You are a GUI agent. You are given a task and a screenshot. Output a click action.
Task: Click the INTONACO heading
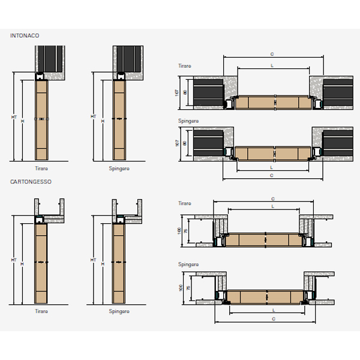(25, 36)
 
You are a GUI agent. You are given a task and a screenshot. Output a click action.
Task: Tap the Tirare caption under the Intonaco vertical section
(41, 169)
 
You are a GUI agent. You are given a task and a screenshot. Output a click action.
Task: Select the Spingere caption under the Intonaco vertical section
(119, 169)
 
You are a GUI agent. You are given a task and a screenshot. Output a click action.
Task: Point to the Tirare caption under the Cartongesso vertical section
(41, 311)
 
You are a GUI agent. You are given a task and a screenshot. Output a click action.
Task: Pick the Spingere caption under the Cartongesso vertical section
(119, 311)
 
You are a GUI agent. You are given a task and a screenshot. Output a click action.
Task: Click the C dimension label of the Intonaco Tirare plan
(272, 54)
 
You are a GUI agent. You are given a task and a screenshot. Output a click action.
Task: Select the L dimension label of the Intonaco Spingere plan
(272, 169)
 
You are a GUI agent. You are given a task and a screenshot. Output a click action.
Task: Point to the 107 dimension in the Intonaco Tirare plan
(177, 92)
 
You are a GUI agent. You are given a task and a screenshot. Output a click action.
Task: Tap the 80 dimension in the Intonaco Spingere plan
(185, 143)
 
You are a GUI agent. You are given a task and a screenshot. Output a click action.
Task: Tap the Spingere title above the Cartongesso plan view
(189, 264)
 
